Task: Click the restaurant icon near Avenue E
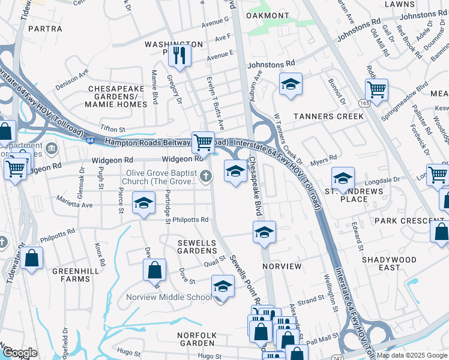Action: pyautogui.click(x=179, y=55)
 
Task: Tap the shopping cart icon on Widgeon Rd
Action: pyautogui.click(x=203, y=142)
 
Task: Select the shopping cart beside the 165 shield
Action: pyautogui.click(x=376, y=91)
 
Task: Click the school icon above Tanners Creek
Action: pyautogui.click(x=291, y=84)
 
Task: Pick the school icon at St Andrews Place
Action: pyautogui.click(x=343, y=178)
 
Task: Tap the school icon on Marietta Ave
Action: pyautogui.click(x=143, y=203)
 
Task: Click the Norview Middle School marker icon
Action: pyautogui.click(x=223, y=286)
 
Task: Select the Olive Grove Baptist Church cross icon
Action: pyautogui.click(x=206, y=176)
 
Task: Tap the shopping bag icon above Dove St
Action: pyautogui.click(x=154, y=270)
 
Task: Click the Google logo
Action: pyautogui.click(x=20, y=353)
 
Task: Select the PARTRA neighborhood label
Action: pyautogui.click(x=45, y=28)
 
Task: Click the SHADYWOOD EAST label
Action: pyautogui.click(x=389, y=263)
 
